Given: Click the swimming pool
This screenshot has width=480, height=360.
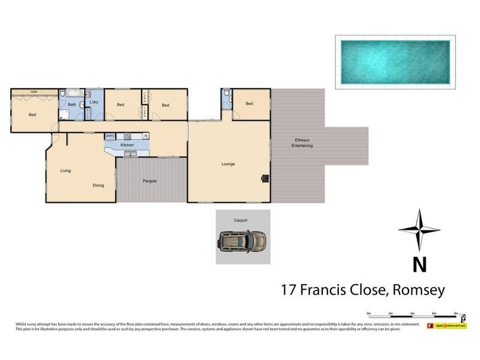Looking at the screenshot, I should coord(395,62).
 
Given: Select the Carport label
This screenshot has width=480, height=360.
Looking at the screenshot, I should coord(241,220).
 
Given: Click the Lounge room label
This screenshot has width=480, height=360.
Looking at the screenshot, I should coord(228,163).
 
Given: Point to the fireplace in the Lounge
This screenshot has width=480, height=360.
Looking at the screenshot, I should coord(265,178).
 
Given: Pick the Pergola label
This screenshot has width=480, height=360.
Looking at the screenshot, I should coord(149,181).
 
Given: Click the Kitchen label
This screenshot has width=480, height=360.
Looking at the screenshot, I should coord(127,145).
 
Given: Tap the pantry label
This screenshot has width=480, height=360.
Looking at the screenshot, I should coord(110,136).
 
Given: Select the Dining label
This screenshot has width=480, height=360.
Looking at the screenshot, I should coord(98,185).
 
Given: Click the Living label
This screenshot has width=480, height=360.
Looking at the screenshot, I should coord(65,170).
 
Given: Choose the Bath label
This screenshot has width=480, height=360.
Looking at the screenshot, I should coord(72,104).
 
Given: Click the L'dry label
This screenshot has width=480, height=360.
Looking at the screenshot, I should coord(94,103).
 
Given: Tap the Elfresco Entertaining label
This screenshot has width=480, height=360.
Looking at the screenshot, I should coord(302,143).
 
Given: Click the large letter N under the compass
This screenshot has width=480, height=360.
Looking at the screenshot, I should coord(419,264).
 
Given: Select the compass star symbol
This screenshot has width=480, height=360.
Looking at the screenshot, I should coord(419,230).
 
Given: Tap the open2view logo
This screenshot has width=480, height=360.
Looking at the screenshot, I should coord(446,326).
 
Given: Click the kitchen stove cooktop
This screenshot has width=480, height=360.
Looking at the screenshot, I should coord(127,136).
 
